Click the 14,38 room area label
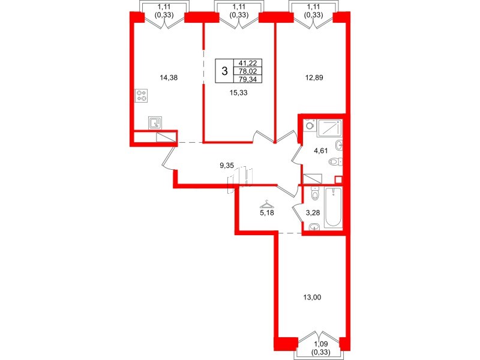pyautogui.click(x=169, y=77)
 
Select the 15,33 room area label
pyautogui.click(x=239, y=92)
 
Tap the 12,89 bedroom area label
pyautogui.click(x=310, y=77)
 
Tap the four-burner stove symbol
pyautogui.click(x=142, y=95)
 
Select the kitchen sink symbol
pyautogui.click(x=155, y=124)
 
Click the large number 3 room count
pyautogui.click(x=224, y=71)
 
